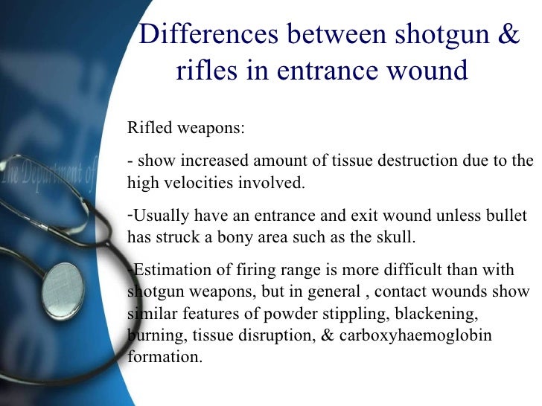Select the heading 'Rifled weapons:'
(185, 127)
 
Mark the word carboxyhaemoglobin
(415, 335)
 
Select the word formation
(164, 357)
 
